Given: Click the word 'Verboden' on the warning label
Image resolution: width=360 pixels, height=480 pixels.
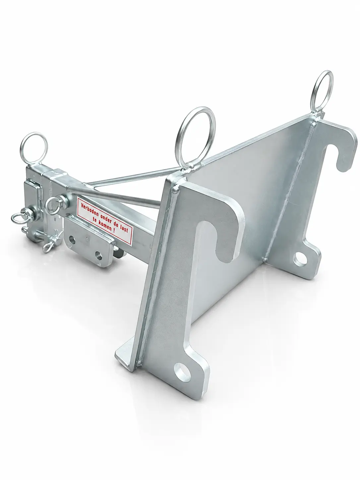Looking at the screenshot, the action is coord(90,209).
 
